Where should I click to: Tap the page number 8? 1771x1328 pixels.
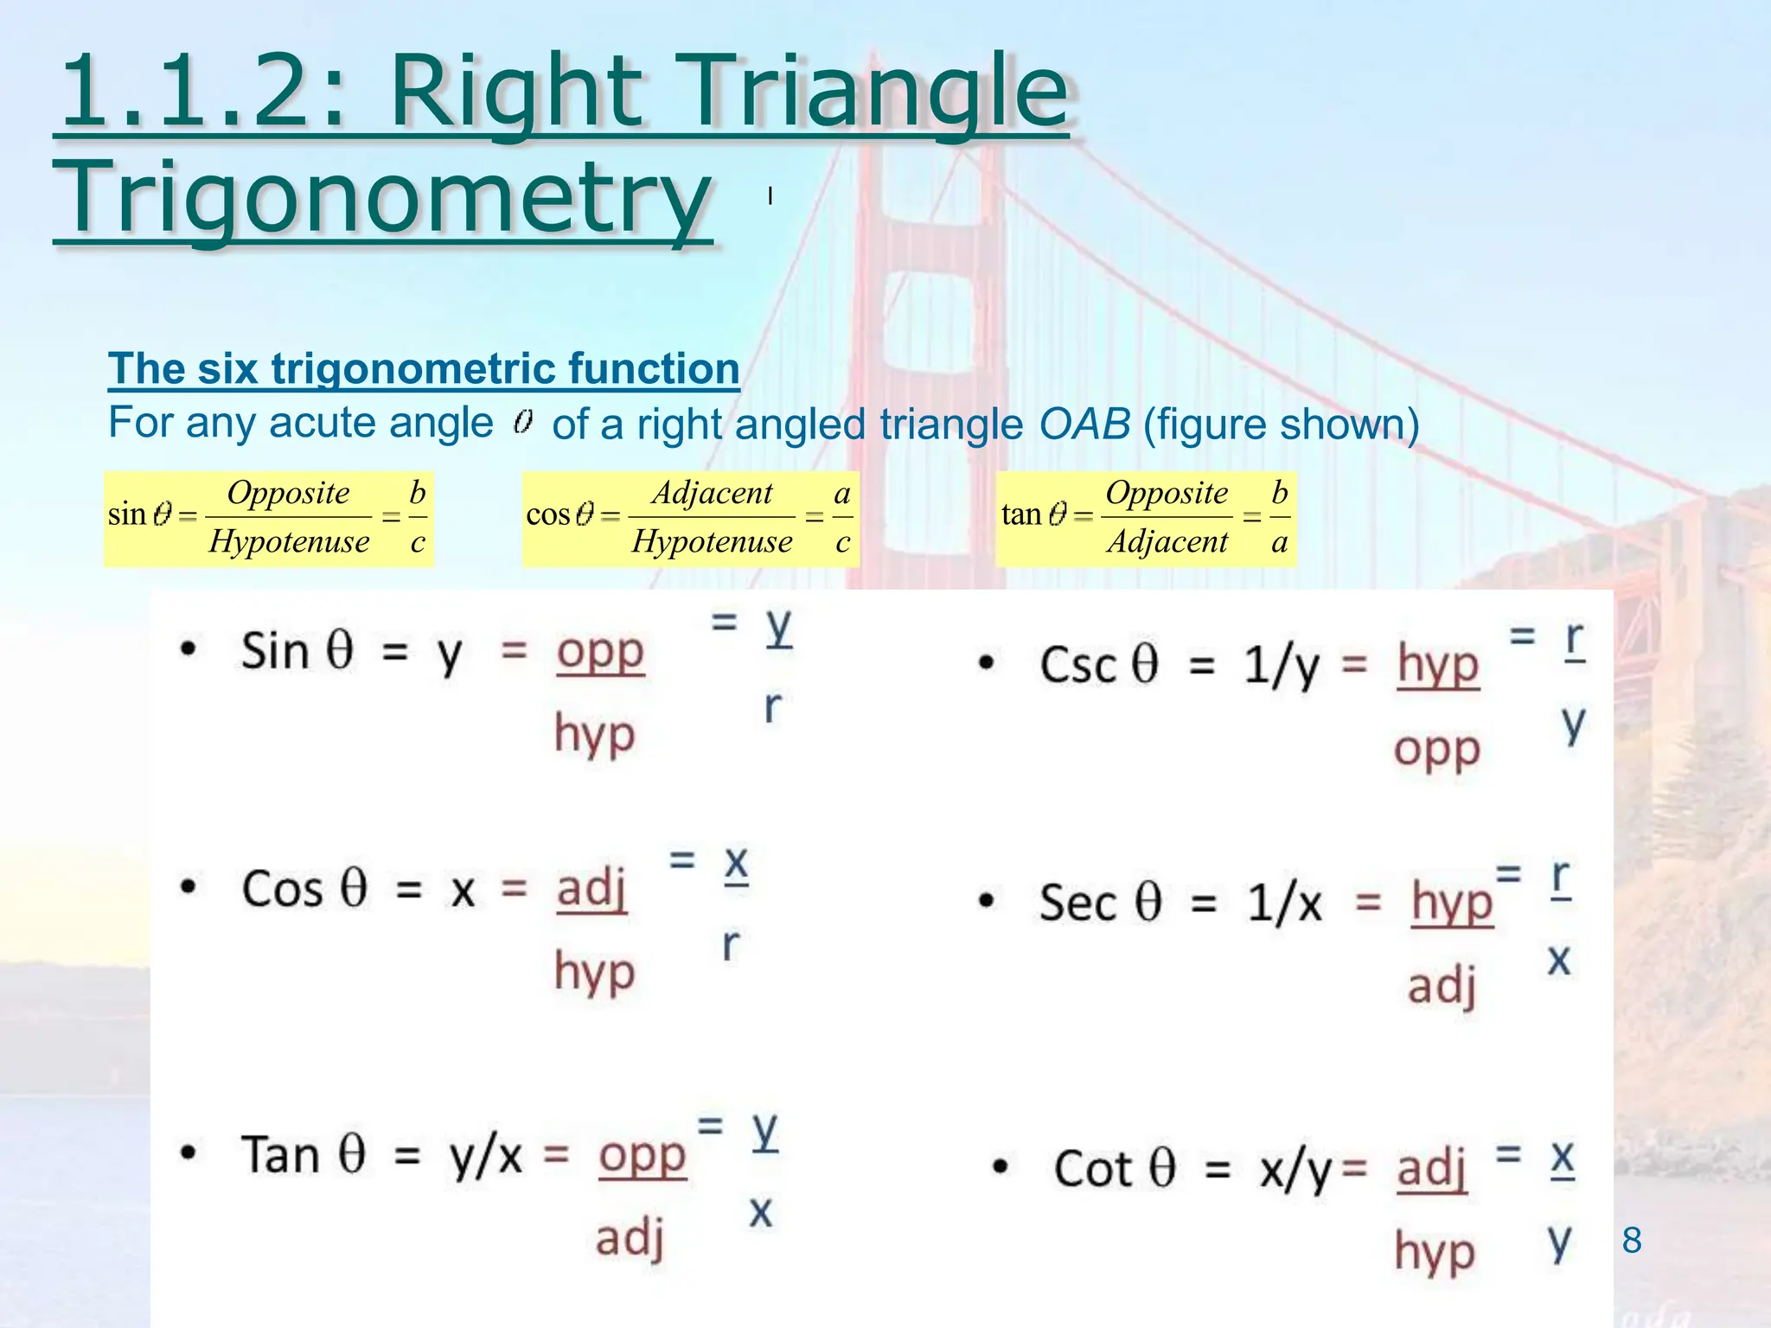(x=1632, y=1240)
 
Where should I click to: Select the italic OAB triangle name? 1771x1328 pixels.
(x=1084, y=424)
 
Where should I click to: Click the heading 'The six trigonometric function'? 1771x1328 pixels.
(x=424, y=368)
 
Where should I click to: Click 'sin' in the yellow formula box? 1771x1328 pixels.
(x=126, y=514)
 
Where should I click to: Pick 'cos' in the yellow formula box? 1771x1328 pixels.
(x=547, y=514)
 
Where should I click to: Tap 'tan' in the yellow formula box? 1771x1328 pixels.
(x=1021, y=514)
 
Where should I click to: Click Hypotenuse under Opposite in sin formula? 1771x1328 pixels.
(x=289, y=542)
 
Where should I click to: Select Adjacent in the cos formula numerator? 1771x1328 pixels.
(x=712, y=493)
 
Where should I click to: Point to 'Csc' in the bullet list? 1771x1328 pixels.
(x=1077, y=665)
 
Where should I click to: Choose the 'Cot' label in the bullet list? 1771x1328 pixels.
(x=1092, y=1169)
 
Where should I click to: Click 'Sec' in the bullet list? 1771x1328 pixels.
(x=1077, y=903)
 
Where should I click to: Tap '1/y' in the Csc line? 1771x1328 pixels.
(x=1281, y=666)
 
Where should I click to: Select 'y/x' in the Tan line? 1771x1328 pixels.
(x=486, y=1155)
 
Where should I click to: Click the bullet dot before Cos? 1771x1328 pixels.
(x=188, y=888)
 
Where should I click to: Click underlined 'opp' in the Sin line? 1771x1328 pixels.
(x=600, y=652)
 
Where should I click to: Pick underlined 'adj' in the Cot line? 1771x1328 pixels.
(x=1432, y=1169)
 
